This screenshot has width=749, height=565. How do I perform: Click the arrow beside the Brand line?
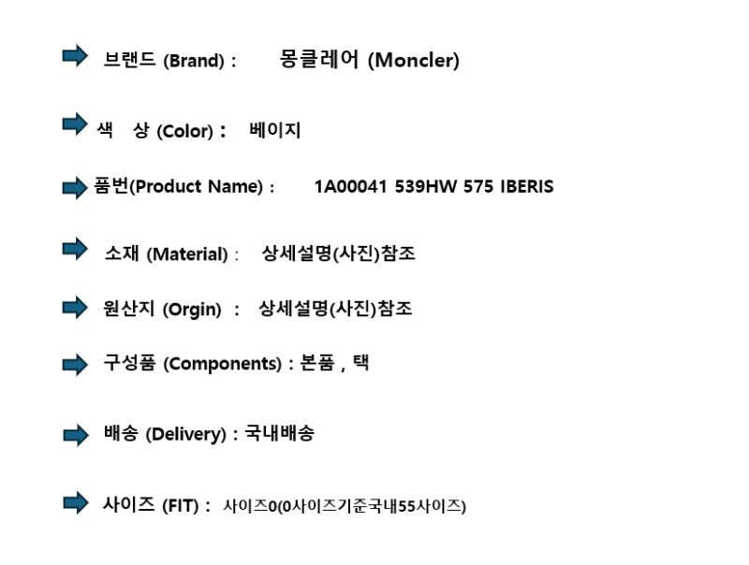75,56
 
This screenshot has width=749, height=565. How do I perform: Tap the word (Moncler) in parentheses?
414,61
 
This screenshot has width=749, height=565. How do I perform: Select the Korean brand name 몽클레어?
318,59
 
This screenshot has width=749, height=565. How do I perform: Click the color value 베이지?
274,130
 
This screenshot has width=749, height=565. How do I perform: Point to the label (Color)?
184,131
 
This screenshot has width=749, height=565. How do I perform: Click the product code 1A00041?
350,186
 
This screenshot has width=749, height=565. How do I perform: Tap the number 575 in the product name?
478,186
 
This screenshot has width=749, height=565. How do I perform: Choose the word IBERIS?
527,186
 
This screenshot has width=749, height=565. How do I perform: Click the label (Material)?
187,254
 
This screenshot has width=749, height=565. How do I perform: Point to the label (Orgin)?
192,310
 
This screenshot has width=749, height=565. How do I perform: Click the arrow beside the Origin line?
75,307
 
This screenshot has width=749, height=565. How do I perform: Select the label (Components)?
223,364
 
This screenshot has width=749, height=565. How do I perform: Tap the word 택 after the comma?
360,363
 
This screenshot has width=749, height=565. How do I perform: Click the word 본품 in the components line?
316,363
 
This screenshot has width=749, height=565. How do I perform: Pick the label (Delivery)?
185,434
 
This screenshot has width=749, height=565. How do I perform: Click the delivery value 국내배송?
279,433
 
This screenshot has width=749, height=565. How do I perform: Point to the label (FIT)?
180,505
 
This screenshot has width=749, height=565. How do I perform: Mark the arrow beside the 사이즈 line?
76,502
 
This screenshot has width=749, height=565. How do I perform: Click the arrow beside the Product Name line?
75,187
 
